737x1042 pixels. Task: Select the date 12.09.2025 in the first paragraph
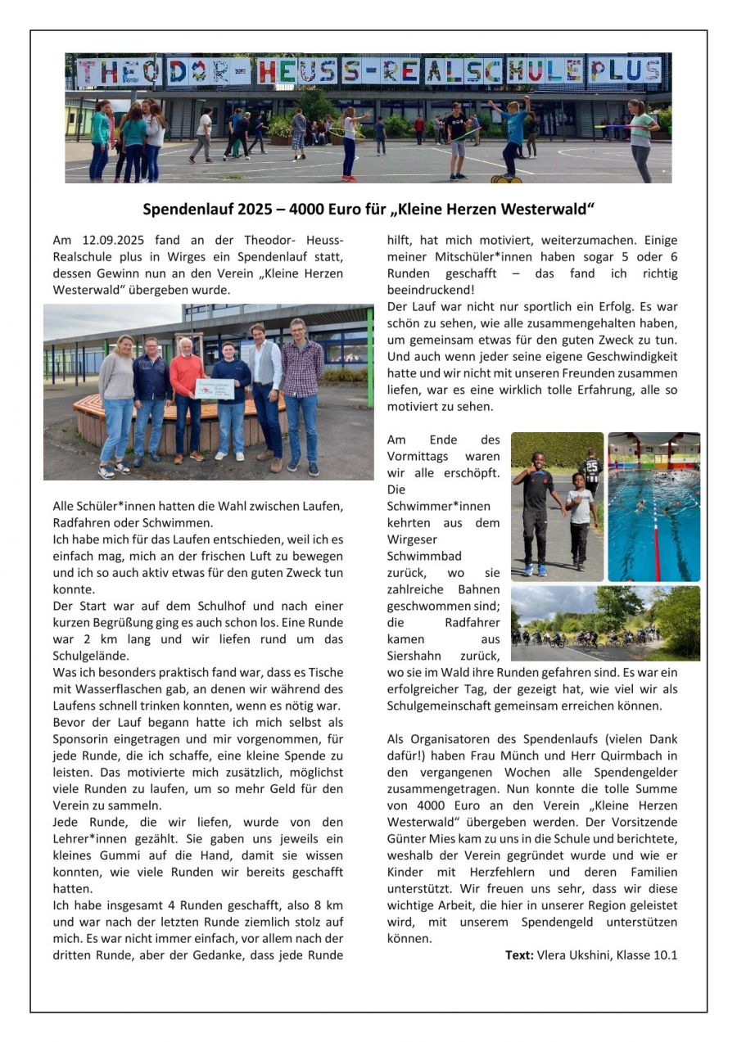(x=115, y=240)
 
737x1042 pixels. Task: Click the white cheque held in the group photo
(x=215, y=389)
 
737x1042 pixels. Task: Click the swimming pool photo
(x=653, y=506)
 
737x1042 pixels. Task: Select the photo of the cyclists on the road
(x=605, y=623)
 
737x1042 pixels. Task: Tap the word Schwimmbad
(x=423, y=557)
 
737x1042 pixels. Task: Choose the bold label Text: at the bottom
(x=519, y=954)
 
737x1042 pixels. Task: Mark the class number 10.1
(x=666, y=954)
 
